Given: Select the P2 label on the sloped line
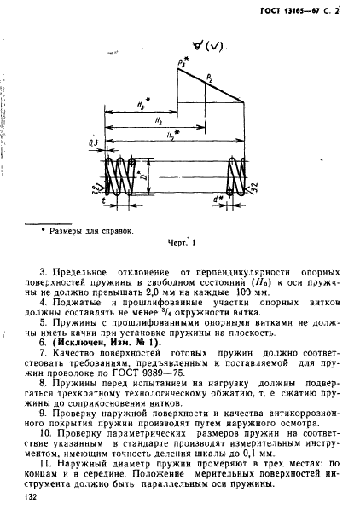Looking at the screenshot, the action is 209,78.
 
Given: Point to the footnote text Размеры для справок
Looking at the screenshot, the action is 95,229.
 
